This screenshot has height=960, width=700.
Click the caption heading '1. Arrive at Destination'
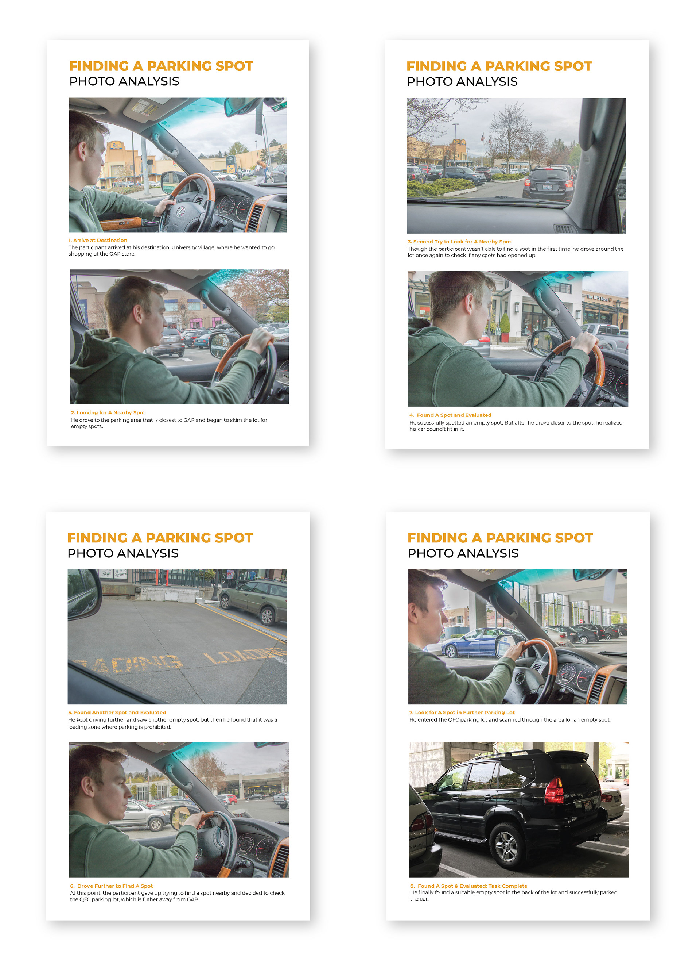pos(98,240)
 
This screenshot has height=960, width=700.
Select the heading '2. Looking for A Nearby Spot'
pos(108,412)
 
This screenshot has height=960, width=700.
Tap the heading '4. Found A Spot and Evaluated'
pos(450,415)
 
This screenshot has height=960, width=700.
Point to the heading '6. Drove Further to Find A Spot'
pos(112,886)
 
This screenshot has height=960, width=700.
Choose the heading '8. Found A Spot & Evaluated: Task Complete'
pos(468,886)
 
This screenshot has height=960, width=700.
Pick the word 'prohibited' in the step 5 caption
pos(157,727)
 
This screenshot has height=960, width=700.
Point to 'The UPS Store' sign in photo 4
pos(598,298)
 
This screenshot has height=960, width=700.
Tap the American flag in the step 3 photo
pos(482,137)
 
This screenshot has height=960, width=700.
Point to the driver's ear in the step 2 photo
pos(139,316)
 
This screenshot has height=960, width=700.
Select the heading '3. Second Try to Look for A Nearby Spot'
pos(459,241)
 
